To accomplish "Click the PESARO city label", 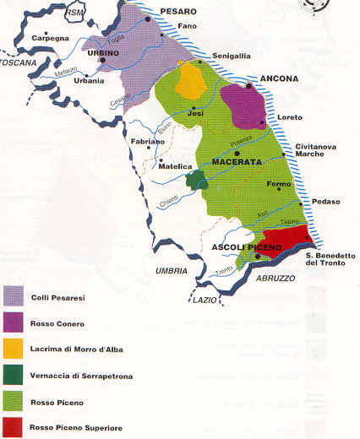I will point(178,12).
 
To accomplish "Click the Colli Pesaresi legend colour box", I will point(15,295).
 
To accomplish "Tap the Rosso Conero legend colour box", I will point(15,322).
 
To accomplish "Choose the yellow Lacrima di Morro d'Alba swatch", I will point(15,349).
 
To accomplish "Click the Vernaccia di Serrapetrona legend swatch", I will point(15,375).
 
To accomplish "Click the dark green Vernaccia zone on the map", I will point(197,178).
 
